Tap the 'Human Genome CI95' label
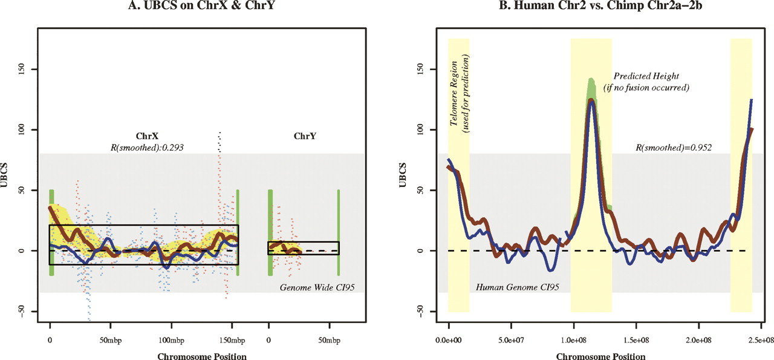[x=513, y=286]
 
